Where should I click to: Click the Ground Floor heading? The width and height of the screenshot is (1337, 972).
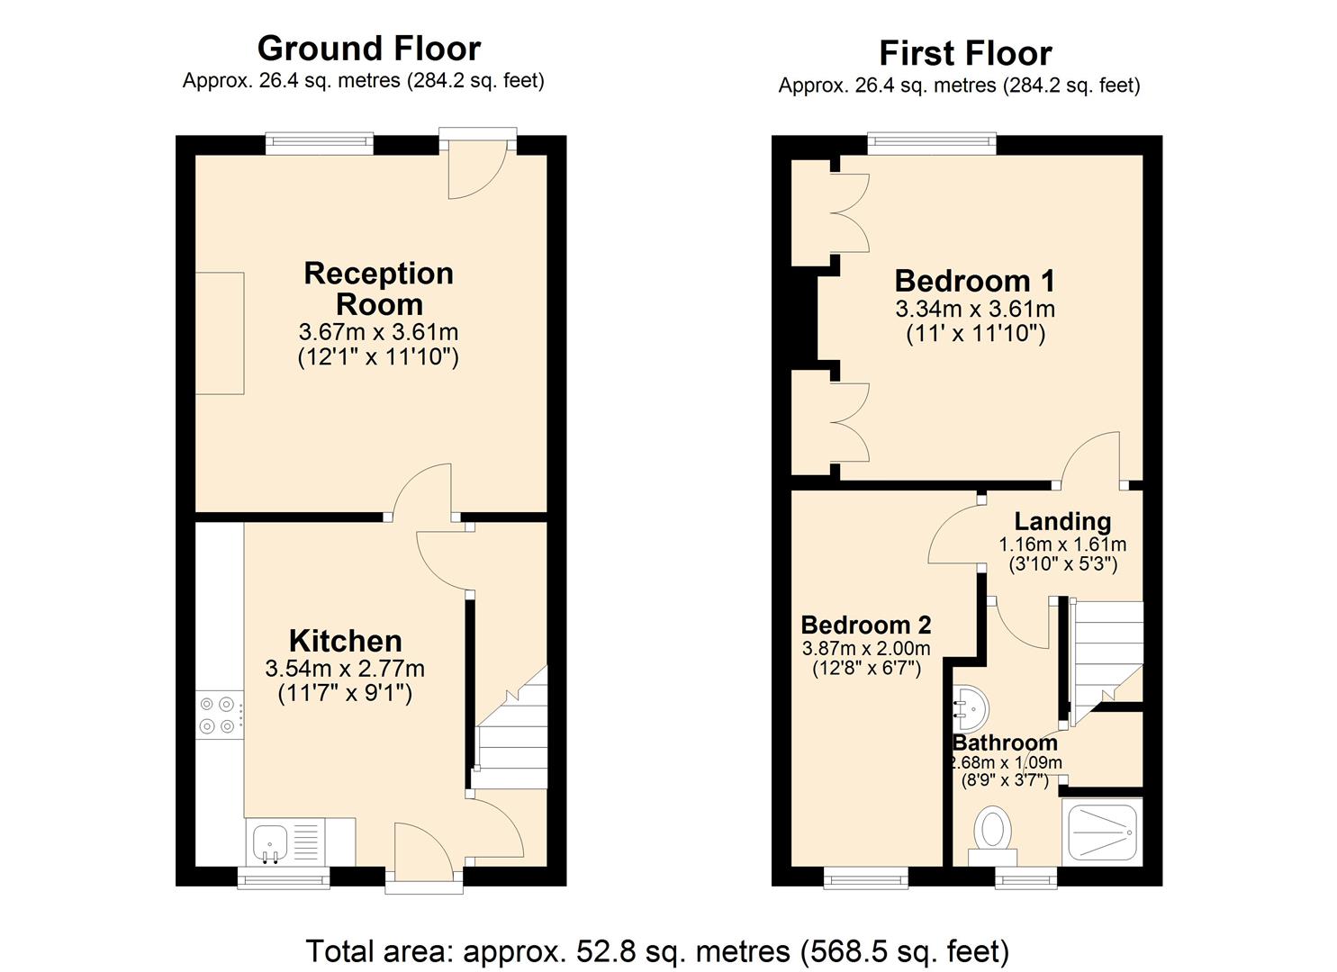[x=368, y=48]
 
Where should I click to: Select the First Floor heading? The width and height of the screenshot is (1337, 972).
[x=964, y=53]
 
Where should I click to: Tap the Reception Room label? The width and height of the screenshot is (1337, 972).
[x=378, y=288]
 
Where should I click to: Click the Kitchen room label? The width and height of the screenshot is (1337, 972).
[x=345, y=641]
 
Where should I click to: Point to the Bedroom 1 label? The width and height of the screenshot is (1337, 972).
[x=974, y=281]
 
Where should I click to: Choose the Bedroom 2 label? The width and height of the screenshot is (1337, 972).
[x=865, y=625]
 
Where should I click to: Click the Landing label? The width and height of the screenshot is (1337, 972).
[x=1062, y=521]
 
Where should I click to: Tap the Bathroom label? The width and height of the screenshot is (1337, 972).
[x=1005, y=742]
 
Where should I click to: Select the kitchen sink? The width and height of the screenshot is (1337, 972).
[x=270, y=842]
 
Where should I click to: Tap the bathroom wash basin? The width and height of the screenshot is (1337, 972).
[x=969, y=706]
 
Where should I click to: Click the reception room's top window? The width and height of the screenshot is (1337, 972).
[x=319, y=143]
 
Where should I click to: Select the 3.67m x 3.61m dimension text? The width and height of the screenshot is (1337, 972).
[x=378, y=332]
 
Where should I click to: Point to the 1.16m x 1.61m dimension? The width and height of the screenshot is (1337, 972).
[x=1062, y=544]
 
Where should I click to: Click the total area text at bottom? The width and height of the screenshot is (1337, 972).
[x=657, y=950]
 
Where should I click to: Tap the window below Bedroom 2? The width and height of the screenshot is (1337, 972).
[x=866, y=877]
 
